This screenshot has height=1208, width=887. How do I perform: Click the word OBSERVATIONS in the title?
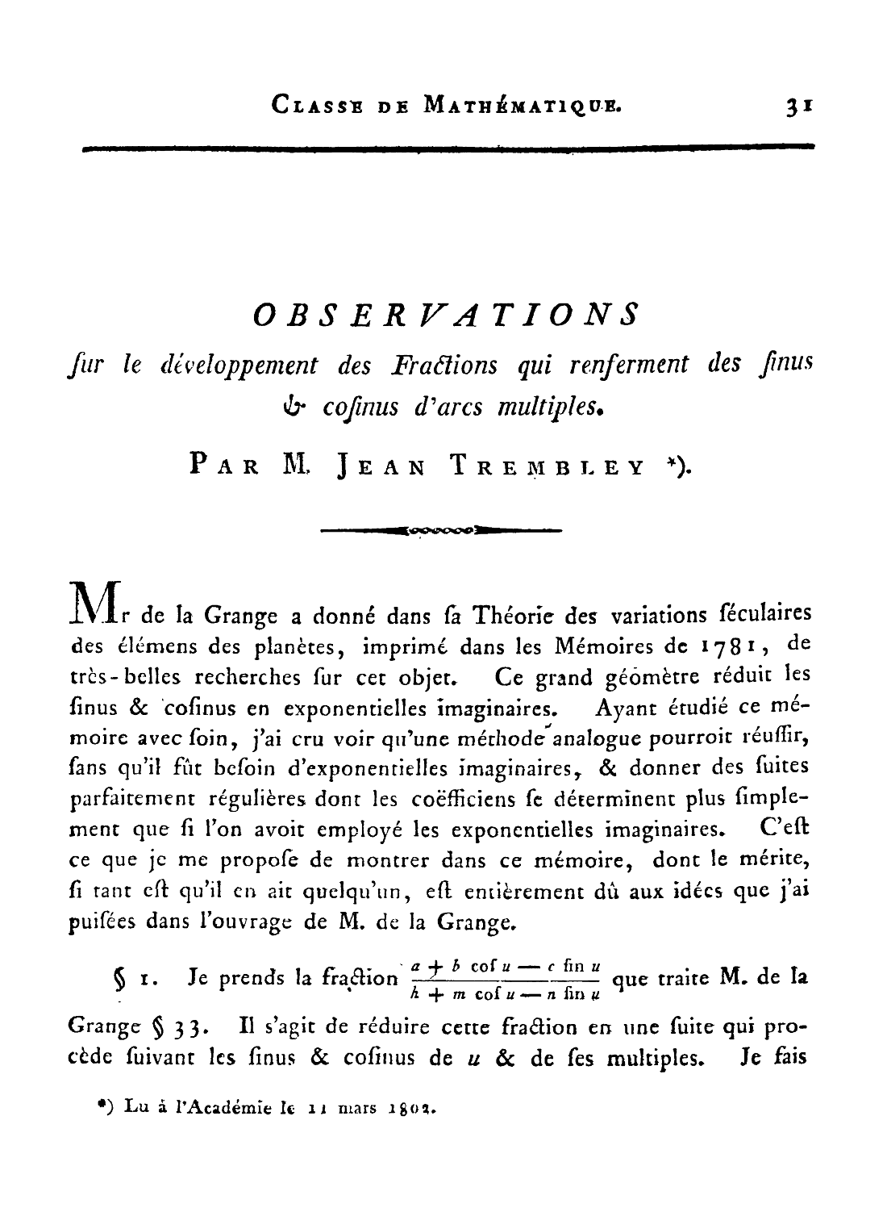446,314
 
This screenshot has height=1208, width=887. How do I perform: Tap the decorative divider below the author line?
441,530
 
